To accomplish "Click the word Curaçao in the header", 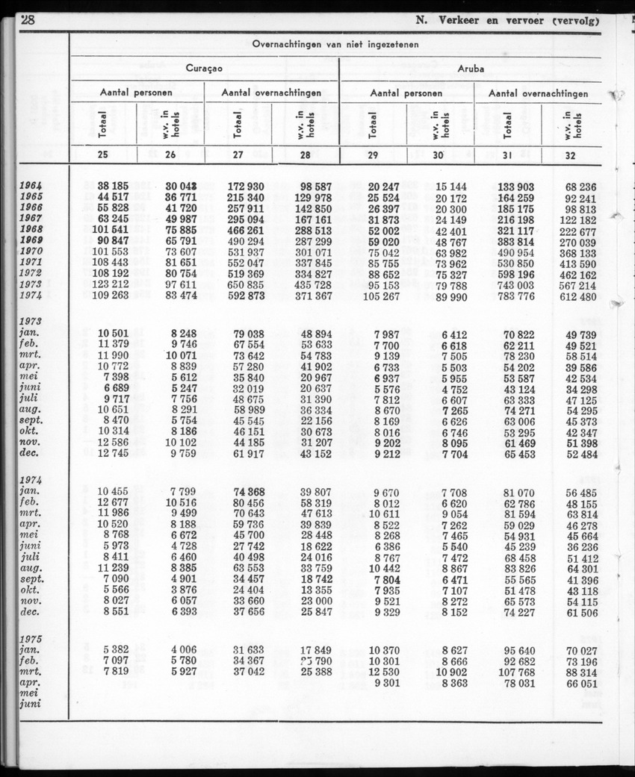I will pyautogui.click(x=204, y=68).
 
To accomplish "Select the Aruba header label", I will pyautogui.click(x=471, y=68).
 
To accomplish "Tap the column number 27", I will pyautogui.click(x=238, y=156).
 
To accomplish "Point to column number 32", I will pyautogui.click(x=571, y=156).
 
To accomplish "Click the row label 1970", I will pyautogui.click(x=31, y=252).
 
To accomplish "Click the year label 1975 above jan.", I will pyautogui.click(x=31, y=640).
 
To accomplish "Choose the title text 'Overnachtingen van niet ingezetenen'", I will pyautogui.click(x=335, y=44).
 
